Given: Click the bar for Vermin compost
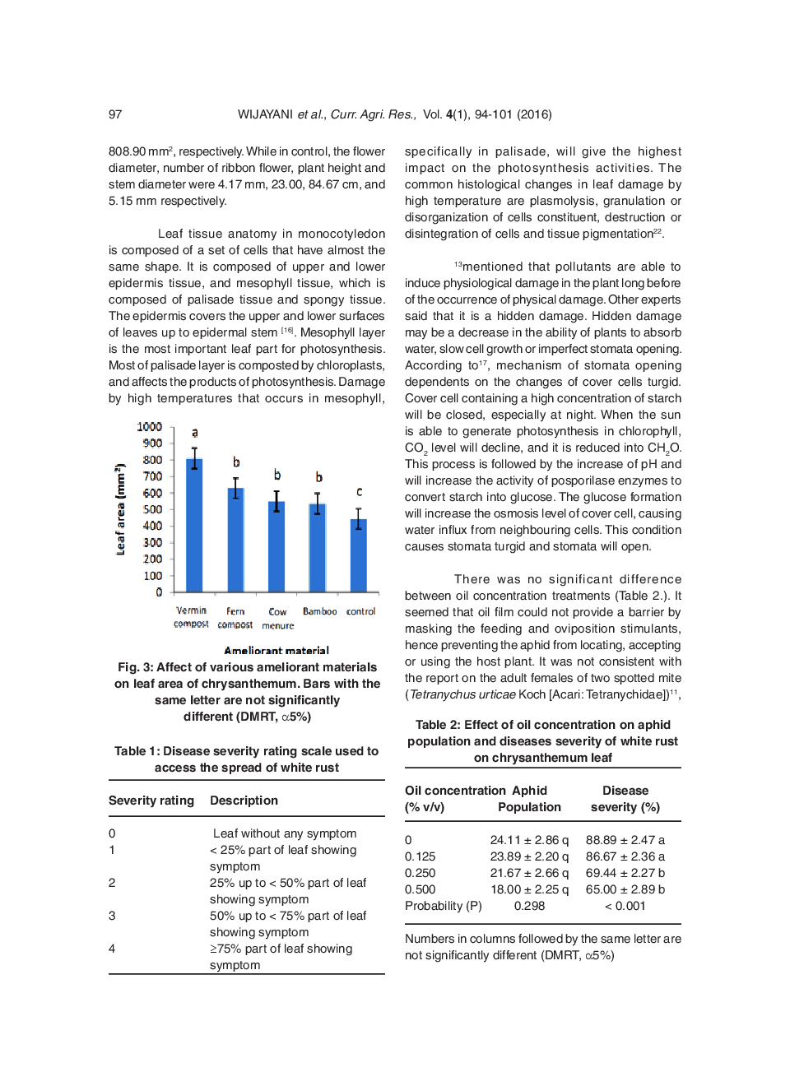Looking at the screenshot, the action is click(194, 527).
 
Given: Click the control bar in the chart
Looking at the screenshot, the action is click(359, 555).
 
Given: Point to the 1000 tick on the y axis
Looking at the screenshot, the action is click(150, 427).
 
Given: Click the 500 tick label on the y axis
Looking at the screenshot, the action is click(153, 509).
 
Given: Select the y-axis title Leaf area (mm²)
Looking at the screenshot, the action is click(121, 509).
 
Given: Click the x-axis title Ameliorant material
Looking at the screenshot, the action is click(276, 651).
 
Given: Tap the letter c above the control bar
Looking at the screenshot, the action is click(359, 491).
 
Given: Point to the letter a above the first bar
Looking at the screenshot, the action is click(195, 432).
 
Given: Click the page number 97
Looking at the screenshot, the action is click(115, 114).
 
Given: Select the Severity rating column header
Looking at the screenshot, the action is click(151, 801).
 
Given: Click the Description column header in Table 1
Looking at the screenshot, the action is click(244, 801).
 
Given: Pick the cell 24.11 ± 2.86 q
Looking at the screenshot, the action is click(529, 840).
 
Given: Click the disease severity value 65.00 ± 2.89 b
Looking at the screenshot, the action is click(625, 889).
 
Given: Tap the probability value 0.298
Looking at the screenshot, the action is click(529, 906).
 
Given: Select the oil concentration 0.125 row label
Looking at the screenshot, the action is click(420, 856).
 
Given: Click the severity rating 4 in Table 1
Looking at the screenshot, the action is click(112, 949).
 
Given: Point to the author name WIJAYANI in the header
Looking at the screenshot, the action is click(265, 114).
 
